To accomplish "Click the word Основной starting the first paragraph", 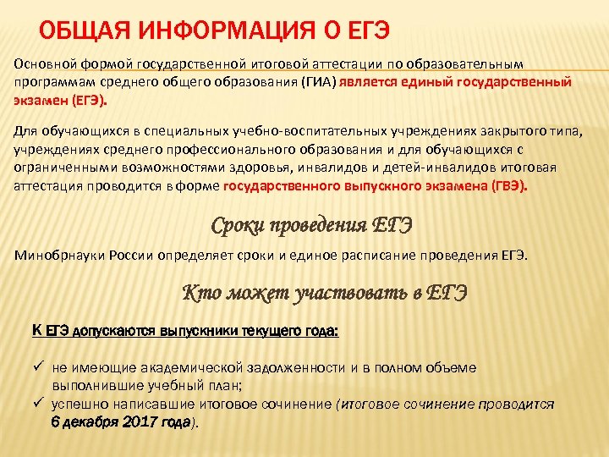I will click(x=42, y=65).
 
